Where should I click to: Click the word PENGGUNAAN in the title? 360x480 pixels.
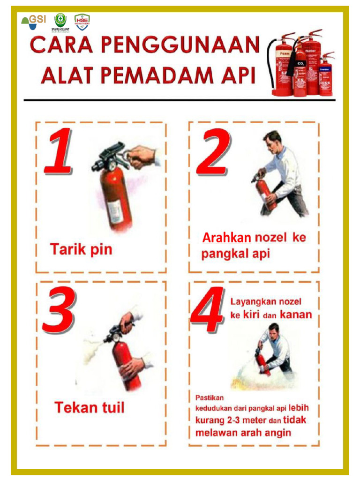pos(180,46)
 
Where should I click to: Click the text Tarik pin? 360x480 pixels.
pos(81,249)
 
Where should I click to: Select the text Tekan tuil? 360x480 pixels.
pos(90,407)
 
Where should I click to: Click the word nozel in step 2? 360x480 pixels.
pos(270,238)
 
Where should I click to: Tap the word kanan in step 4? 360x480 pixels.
pos(296,315)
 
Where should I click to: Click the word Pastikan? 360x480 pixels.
pos(210,397)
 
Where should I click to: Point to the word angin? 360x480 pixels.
pos(277,432)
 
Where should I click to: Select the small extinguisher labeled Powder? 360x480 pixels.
pos(325,77)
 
